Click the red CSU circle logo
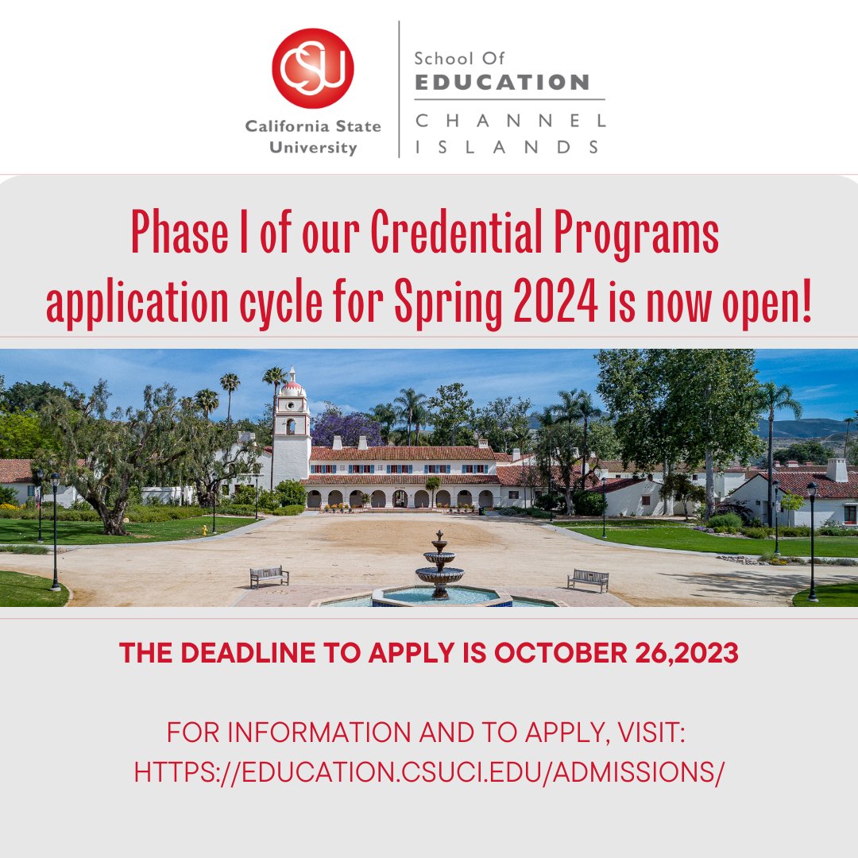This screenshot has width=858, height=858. [312, 68]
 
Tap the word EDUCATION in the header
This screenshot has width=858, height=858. [501, 82]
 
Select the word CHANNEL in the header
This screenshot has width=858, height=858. [509, 122]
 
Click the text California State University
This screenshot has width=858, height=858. [312, 137]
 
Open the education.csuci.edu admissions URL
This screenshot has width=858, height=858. [429, 771]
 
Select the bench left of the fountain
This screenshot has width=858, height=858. [269, 576]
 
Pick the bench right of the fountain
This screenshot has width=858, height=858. [588, 580]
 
